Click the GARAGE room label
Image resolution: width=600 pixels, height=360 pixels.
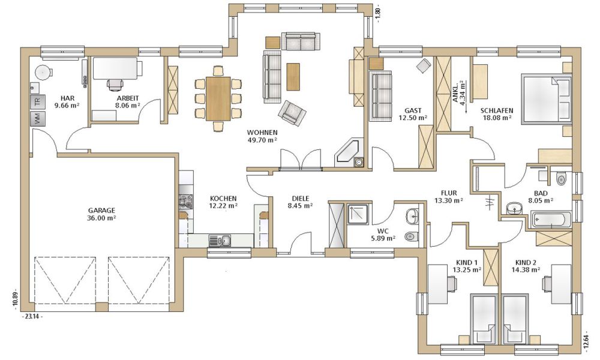pyautogui.click(x=102, y=211)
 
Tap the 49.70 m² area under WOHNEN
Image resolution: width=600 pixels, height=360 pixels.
pyautogui.click(x=263, y=140)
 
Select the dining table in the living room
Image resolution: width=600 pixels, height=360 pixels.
pyautogui.click(x=218, y=99)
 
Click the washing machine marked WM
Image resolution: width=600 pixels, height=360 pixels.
pyautogui.click(x=38, y=118)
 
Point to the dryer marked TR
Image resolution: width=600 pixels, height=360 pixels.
pyautogui.click(x=38, y=102)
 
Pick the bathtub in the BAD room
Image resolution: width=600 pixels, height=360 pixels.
pyautogui.click(x=551, y=220)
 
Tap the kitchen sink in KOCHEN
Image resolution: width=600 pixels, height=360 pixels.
pyautogui.click(x=220, y=241)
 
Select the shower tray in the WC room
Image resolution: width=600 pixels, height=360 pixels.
pyautogui.click(x=358, y=214)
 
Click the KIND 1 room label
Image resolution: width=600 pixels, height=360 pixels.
pyautogui.click(x=466, y=262)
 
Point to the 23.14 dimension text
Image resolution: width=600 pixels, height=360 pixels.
pyautogui.click(x=32, y=316)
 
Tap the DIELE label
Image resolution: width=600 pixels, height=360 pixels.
pyautogui.click(x=301, y=199)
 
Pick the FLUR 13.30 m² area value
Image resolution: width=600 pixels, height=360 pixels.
pyautogui.click(x=448, y=200)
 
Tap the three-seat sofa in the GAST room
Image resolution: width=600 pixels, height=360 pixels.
pyautogui.click(x=380, y=95)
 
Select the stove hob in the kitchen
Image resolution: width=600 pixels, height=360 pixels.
pyautogui.click(x=186, y=202)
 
